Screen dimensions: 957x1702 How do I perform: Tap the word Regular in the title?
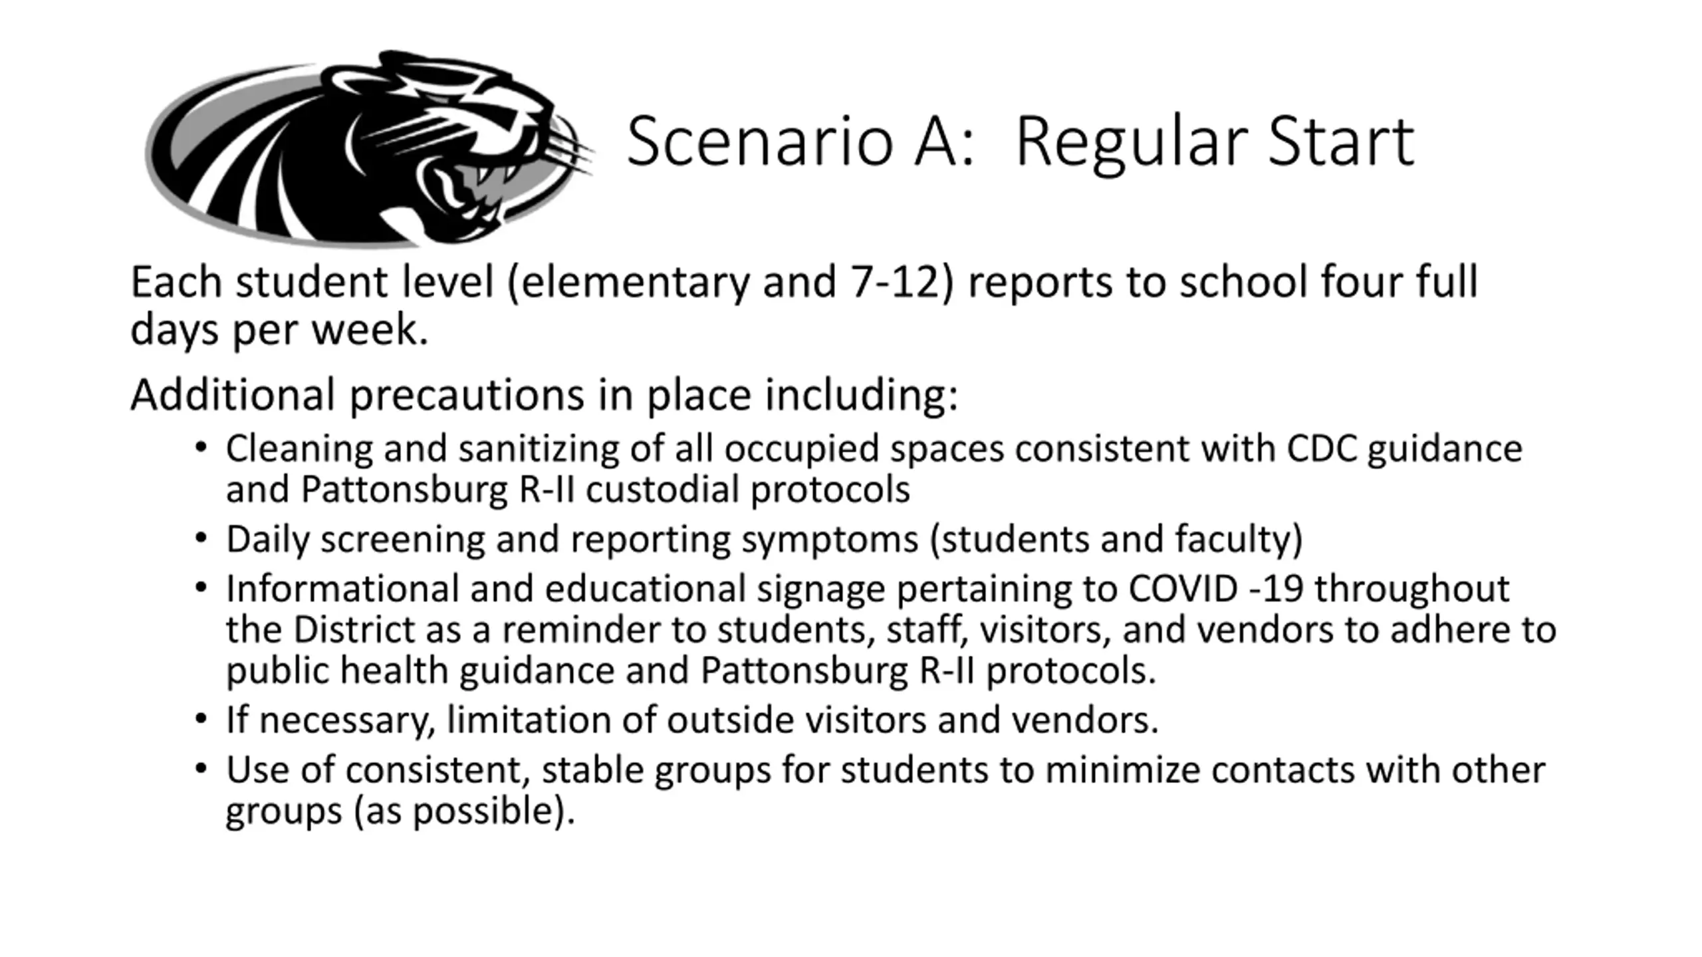(x=1131, y=142)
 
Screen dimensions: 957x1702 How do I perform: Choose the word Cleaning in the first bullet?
(x=299, y=449)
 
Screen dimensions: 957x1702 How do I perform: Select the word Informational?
(x=342, y=589)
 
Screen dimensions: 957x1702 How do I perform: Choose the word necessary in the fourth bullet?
(x=346, y=720)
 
